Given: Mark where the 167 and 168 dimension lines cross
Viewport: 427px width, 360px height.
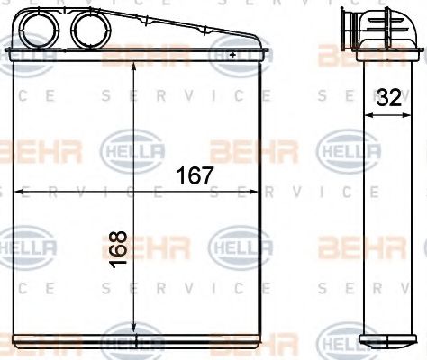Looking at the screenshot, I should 133,191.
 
